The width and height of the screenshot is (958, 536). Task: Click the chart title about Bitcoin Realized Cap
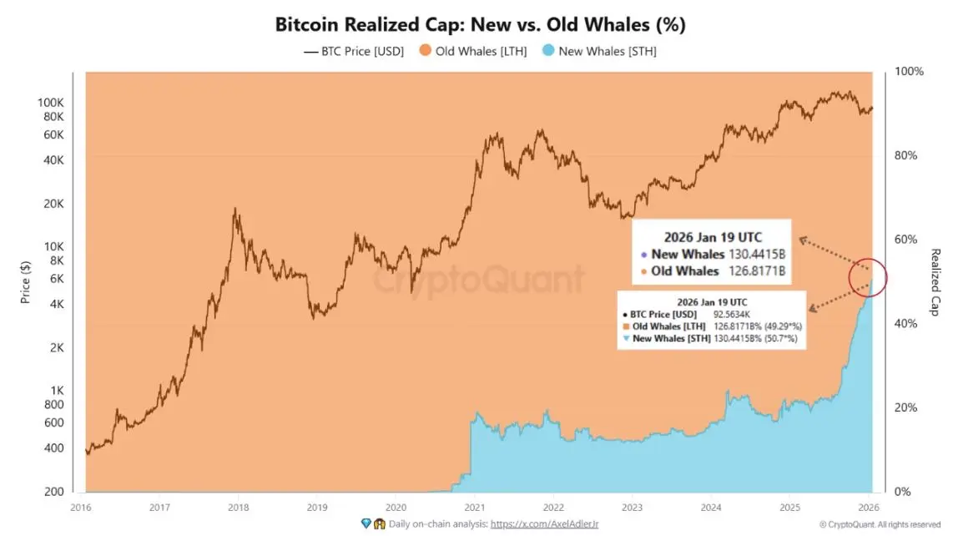[480, 25]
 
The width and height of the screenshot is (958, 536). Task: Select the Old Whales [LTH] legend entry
[471, 52]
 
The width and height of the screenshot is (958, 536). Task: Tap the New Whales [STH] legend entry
[599, 52]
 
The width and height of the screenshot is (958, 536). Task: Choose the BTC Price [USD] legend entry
[353, 52]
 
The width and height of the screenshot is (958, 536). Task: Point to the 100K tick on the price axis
[51, 103]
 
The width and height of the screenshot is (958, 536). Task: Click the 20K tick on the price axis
[53, 204]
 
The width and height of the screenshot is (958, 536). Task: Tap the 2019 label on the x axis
[316, 508]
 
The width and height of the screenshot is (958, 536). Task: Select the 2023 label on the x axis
[632, 508]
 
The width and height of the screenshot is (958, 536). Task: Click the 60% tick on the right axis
[910, 240]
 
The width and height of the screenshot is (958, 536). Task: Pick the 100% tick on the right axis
[909, 72]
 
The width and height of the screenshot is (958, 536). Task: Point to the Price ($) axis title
[26, 281]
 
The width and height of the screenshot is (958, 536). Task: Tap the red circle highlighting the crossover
[867, 277]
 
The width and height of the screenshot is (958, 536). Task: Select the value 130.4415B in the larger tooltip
[758, 255]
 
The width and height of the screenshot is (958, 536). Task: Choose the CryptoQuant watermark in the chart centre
[478, 279]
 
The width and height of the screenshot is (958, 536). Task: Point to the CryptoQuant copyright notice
[880, 524]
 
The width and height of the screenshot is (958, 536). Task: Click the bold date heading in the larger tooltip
[713, 237]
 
